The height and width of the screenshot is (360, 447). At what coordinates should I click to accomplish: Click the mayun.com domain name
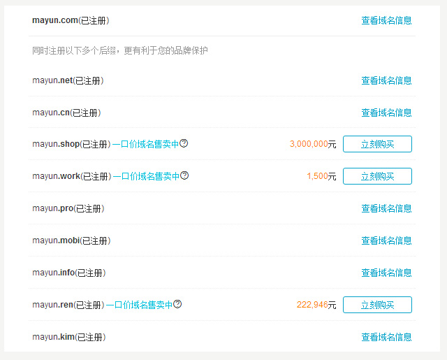(x=55, y=20)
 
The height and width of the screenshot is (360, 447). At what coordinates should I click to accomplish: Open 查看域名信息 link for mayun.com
(x=386, y=21)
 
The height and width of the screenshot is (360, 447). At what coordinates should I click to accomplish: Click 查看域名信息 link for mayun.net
(x=386, y=81)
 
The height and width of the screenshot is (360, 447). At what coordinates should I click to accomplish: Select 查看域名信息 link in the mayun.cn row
(x=386, y=113)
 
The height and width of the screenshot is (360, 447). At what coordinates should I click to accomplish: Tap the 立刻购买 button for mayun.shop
(x=377, y=144)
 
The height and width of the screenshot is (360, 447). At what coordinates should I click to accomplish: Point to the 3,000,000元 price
(x=313, y=144)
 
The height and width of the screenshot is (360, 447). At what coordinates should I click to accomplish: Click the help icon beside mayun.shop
(x=184, y=143)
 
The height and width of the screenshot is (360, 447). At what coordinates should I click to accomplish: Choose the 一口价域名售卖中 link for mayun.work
(x=146, y=176)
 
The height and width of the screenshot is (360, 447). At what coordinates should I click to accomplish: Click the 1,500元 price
(x=321, y=176)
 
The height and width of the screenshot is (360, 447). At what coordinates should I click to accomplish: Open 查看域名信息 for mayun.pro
(x=386, y=208)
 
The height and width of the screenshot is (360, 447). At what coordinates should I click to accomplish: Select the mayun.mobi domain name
(x=56, y=240)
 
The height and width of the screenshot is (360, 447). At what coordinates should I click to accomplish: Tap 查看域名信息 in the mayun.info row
(x=386, y=273)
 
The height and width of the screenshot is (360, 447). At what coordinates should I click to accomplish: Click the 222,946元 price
(x=316, y=305)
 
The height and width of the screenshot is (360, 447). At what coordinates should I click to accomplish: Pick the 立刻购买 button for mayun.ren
(x=377, y=305)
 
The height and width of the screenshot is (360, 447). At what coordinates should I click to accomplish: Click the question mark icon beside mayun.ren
(x=177, y=304)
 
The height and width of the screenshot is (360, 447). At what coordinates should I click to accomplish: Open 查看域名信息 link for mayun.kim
(x=386, y=337)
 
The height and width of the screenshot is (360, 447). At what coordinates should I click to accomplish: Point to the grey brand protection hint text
(x=119, y=50)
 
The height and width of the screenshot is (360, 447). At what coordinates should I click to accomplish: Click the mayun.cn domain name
(x=51, y=113)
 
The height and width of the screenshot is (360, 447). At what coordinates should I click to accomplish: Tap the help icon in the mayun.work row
(x=184, y=175)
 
